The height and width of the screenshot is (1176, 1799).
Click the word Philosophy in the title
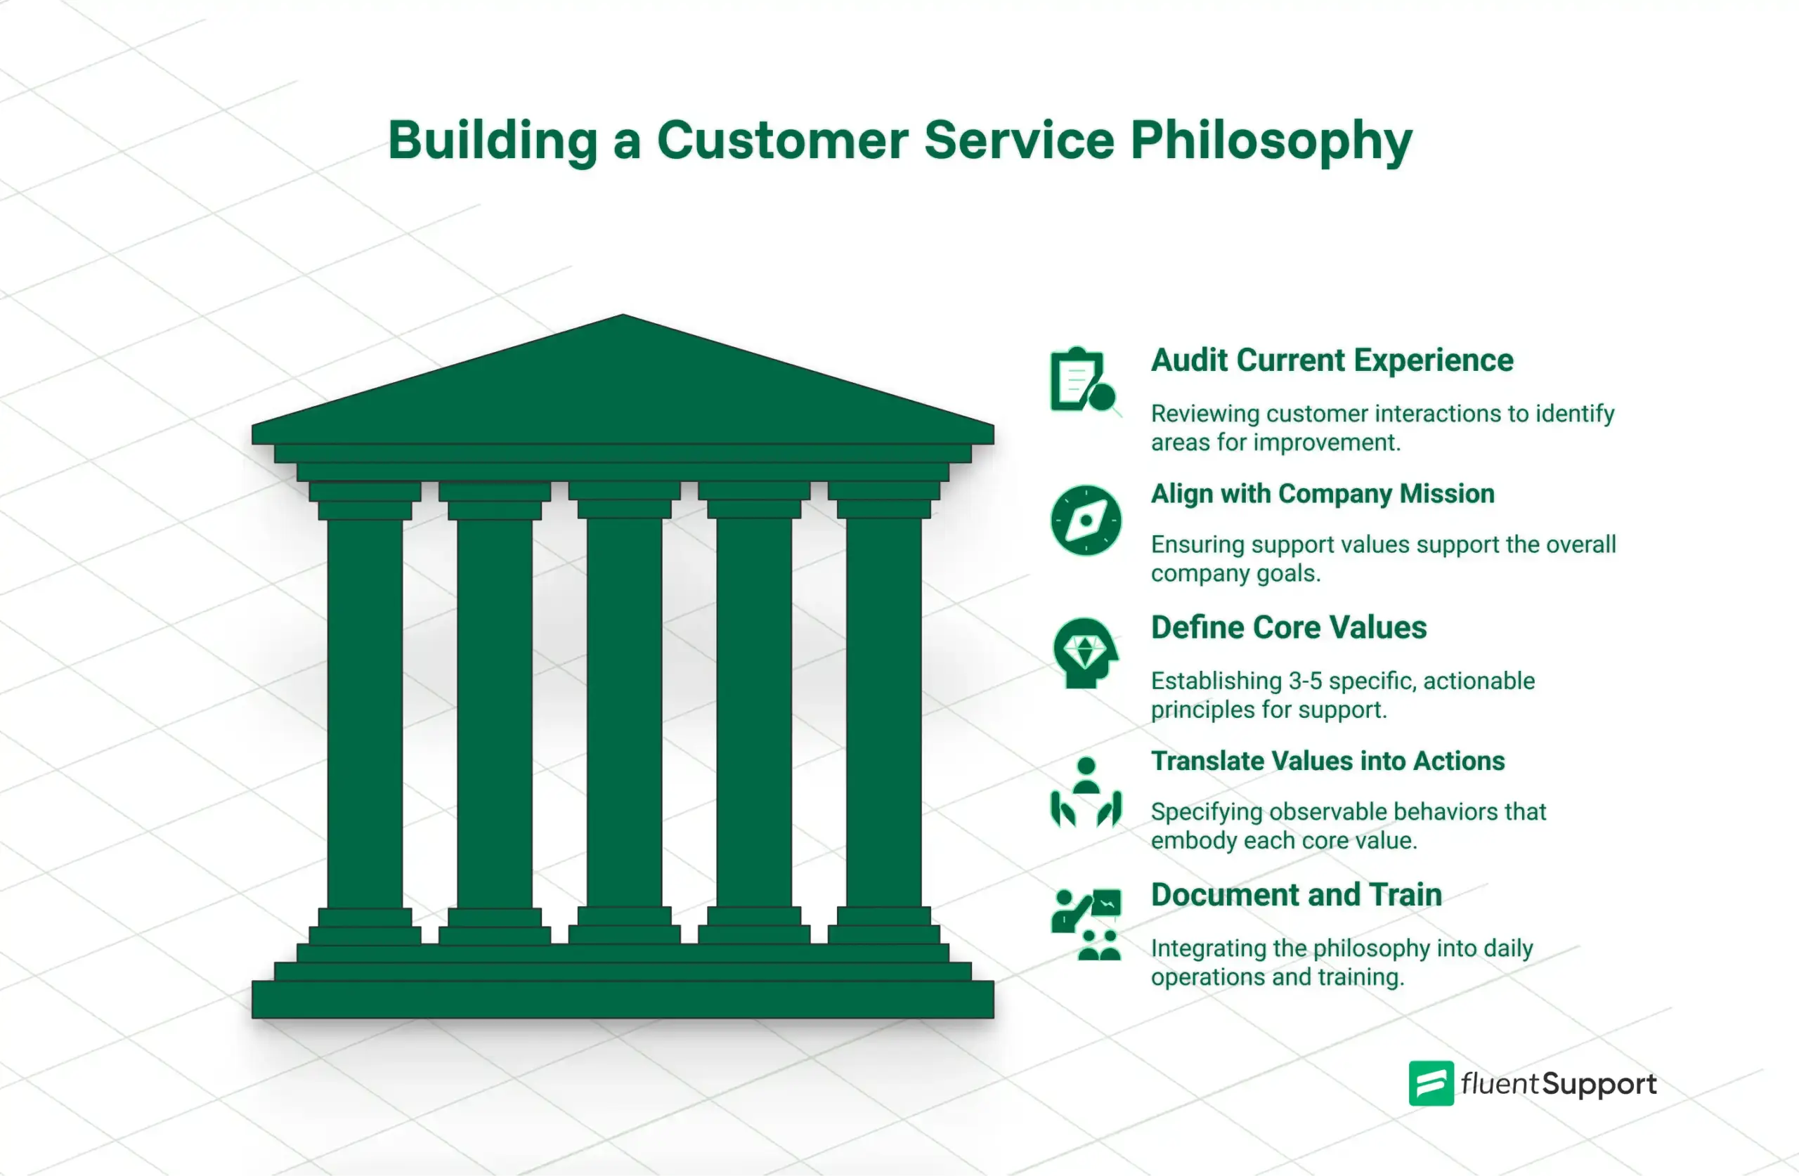click(x=1271, y=141)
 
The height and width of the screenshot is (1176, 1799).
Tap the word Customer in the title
click(x=781, y=141)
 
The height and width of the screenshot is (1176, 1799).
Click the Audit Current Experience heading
click(x=1332, y=360)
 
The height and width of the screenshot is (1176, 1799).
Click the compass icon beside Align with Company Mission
click(x=1086, y=521)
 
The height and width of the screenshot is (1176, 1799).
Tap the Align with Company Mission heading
click(x=1322, y=495)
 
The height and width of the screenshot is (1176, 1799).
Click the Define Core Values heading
click(x=1288, y=628)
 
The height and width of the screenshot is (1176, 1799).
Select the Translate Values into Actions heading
click(x=1327, y=761)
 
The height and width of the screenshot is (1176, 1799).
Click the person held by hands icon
click(x=1086, y=792)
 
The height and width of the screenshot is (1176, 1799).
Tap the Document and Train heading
click(x=1296, y=895)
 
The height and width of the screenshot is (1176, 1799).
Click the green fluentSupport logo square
click(x=1430, y=1084)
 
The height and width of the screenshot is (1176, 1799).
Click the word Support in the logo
click(x=1599, y=1085)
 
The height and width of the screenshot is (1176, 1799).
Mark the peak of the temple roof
click(x=623, y=318)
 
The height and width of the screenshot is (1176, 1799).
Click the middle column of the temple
click(x=623, y=710)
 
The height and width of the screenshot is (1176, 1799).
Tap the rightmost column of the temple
click(x=883, y=710)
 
